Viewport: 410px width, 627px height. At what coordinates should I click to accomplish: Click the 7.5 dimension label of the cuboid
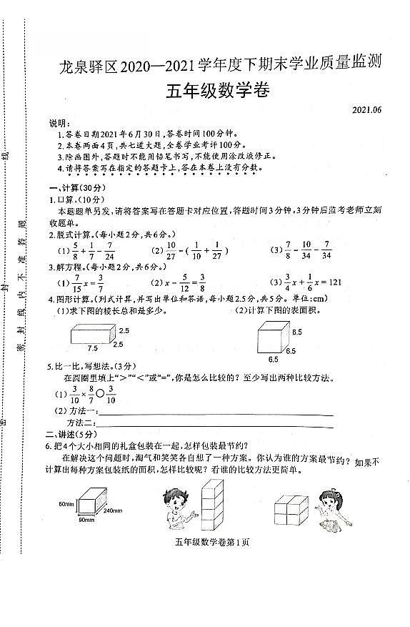click(x=94, y=348)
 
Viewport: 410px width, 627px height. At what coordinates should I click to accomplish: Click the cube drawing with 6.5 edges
click(x=271, y=335)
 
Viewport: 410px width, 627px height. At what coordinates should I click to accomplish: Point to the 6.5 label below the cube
click(x=274, y=359)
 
